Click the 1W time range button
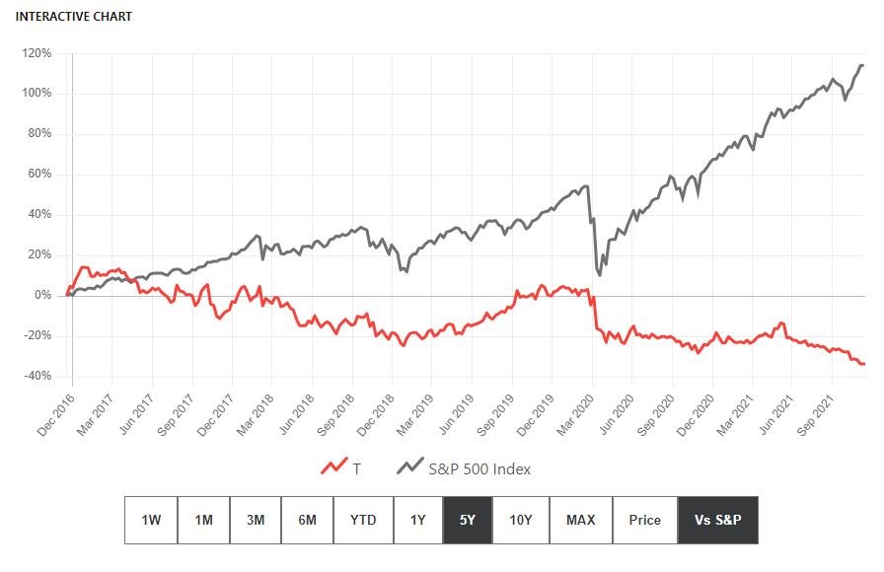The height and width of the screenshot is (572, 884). click(151, 520)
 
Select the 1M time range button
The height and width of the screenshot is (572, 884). click(204, 520)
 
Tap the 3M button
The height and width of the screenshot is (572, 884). click(257, 520)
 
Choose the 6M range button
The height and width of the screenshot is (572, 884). click(308, 520)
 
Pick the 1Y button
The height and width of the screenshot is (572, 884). click(418, 520)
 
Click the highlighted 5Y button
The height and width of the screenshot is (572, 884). click(468, 520)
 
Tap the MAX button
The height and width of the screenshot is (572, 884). click(580, 520)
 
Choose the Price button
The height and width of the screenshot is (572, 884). click(645, 520)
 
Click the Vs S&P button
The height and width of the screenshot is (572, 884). click(717, 520)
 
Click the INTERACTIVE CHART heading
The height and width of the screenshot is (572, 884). click(74, 17)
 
